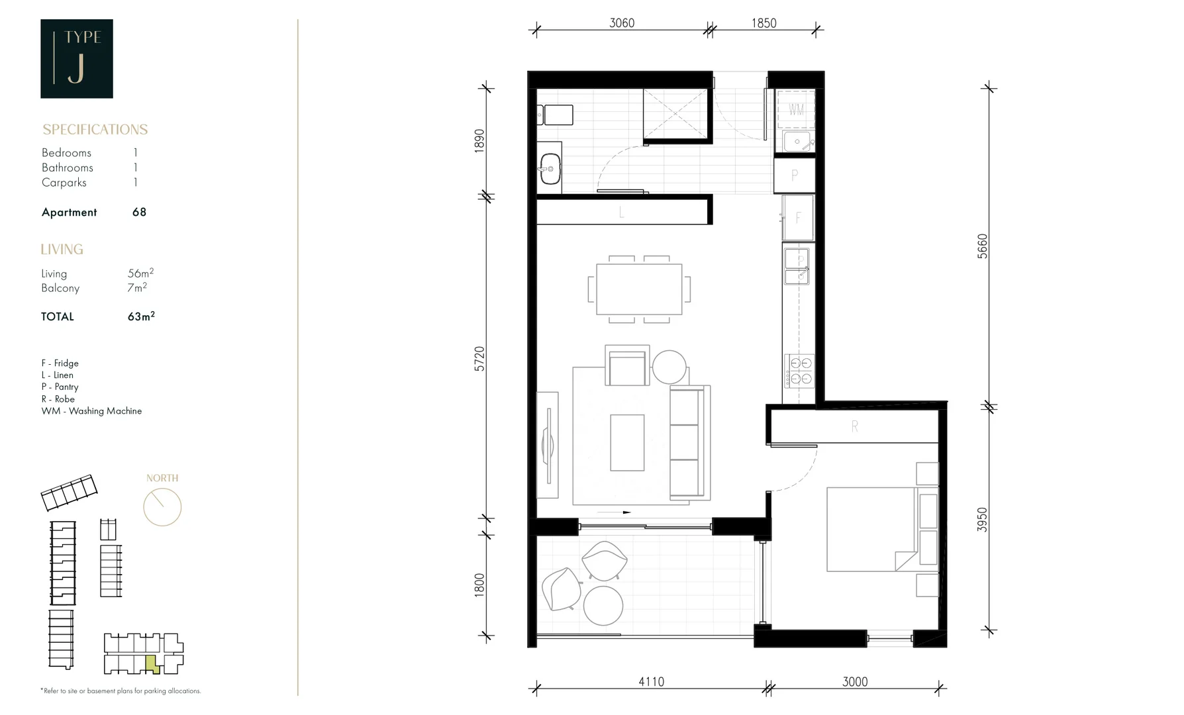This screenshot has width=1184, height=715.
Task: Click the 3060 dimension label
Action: tap(622, 23)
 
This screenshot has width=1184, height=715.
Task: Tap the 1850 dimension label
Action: tap(764, 23)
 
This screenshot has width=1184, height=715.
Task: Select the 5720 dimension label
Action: tap(479, 359)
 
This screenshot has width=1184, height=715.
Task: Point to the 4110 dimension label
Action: tap(651, 681)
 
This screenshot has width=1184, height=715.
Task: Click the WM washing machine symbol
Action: tap(796, 109)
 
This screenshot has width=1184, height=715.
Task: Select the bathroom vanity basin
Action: tap(550, 169)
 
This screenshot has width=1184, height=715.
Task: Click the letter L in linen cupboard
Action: tap(621, 213)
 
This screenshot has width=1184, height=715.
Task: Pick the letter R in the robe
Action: tap(854, 427)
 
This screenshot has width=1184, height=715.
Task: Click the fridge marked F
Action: tap(798, 217)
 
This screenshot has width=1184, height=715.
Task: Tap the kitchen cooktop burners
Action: tap(799, 371)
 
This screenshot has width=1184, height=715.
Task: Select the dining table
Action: tap(639, 289)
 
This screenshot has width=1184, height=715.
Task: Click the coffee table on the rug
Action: tap(627, 442)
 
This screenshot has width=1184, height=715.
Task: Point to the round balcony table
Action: tap(603, 605)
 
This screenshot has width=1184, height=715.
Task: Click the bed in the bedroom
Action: tap(871, 530)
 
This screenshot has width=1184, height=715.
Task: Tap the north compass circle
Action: tap(162, 507)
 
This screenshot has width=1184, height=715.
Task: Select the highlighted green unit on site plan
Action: tap(152, 663)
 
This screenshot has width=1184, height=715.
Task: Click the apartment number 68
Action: tap(139, 212)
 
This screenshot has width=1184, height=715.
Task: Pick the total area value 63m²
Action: tap(140, 316)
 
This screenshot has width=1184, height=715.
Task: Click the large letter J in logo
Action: tap(76, 68)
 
